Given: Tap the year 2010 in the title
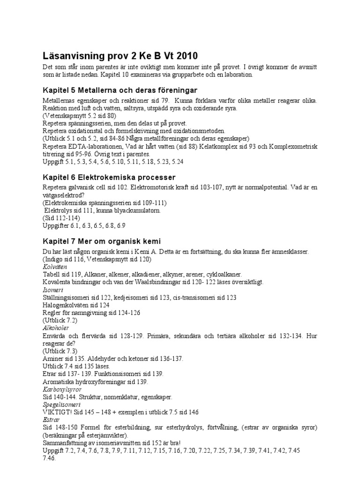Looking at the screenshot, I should coord(191,55).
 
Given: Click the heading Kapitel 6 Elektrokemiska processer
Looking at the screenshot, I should coord(109,177).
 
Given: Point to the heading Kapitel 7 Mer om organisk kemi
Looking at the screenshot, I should coord(101,241).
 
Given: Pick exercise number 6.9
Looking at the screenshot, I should coord(121,225).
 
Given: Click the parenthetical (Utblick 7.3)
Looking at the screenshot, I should coord(60,351).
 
